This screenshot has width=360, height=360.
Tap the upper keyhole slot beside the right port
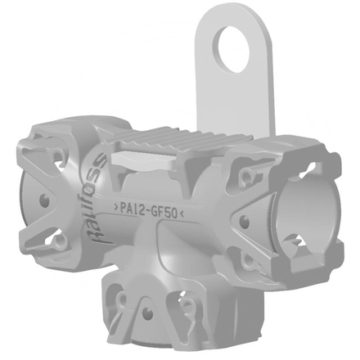(246, 175)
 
